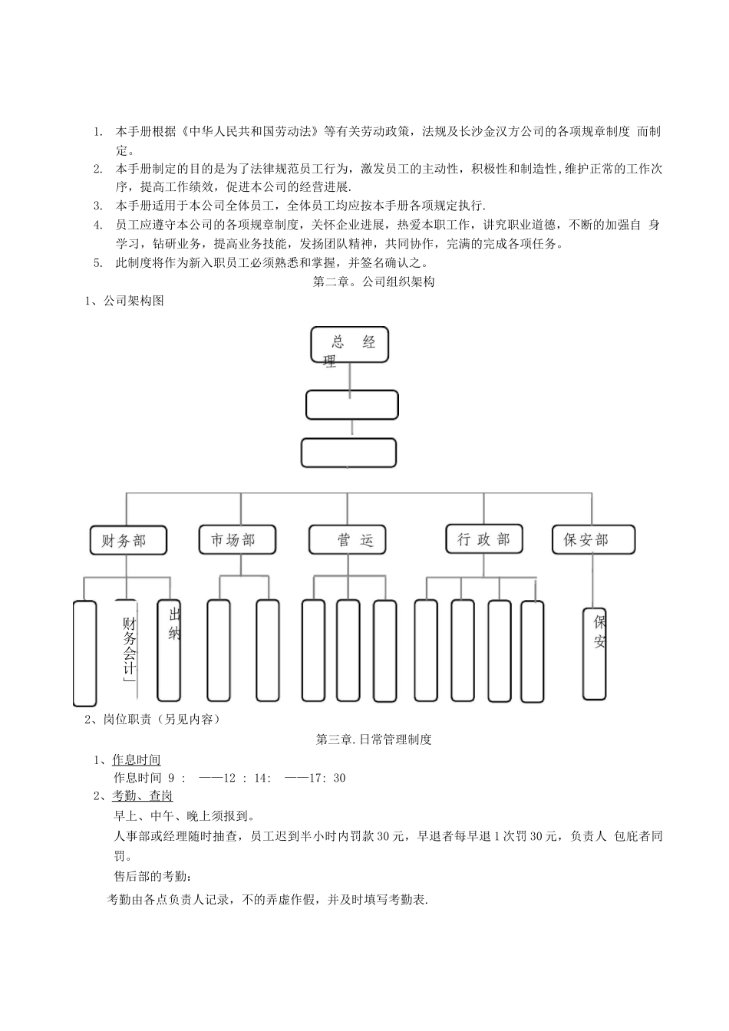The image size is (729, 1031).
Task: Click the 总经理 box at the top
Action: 349,344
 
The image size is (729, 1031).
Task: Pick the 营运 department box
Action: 347,539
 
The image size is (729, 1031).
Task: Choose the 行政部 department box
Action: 483,539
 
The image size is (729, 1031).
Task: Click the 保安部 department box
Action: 593,539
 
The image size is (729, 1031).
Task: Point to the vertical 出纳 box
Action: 170,650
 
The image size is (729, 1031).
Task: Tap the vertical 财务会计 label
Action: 129,649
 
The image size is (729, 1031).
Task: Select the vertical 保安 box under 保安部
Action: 595,654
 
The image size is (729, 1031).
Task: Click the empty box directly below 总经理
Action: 351,405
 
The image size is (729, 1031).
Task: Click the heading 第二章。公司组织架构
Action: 374,282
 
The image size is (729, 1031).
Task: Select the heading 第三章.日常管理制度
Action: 374,739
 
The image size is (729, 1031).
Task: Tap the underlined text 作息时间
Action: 137,759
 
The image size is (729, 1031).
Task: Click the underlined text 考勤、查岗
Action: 142,795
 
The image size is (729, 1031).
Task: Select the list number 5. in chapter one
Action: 97,262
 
